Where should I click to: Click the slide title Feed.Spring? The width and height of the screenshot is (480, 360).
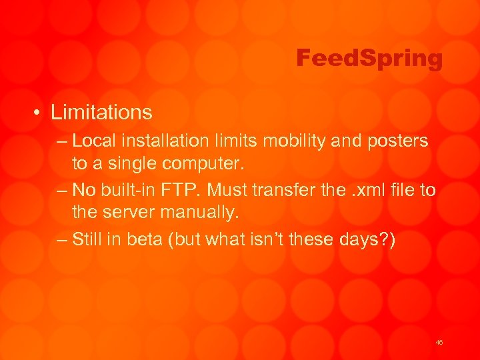369,59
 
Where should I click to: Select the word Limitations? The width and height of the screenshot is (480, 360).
101,112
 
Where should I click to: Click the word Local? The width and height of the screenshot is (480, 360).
90,141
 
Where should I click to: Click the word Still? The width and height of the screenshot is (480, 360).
87,239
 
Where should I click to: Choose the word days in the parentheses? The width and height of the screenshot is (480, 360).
354,239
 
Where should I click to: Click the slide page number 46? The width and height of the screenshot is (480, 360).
439,342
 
